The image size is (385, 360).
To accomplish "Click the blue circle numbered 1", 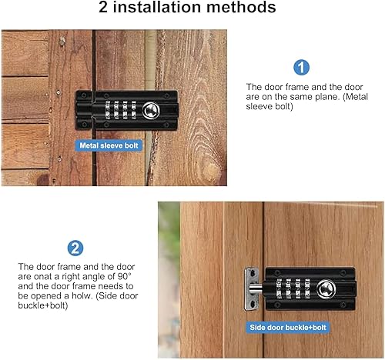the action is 301,68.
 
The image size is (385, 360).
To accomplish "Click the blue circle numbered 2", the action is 75,248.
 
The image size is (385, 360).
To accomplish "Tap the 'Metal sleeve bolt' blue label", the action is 109,145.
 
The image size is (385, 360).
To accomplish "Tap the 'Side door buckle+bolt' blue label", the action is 288,328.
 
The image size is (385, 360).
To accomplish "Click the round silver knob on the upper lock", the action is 151,111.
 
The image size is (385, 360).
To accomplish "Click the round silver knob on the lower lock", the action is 326,288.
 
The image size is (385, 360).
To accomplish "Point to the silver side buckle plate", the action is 251,288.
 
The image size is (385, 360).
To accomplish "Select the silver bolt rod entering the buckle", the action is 256,289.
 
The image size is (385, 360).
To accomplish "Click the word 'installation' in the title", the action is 156,7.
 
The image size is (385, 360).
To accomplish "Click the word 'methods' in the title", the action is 241,7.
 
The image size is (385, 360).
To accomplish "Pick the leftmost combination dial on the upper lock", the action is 108,110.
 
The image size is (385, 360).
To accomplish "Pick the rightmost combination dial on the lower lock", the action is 307,288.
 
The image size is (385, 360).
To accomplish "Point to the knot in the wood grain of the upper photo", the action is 212,169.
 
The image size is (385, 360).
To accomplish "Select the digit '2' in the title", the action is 103,7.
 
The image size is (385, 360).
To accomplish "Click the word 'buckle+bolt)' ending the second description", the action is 43,305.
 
